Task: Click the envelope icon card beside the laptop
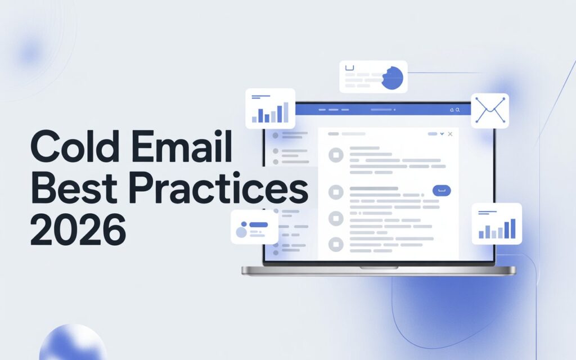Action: click(489, 110)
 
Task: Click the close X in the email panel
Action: click(450, 134)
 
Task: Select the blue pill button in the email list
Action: click(442, 191)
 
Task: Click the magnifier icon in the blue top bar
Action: click(458, 110)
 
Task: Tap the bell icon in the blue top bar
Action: click(451, 110)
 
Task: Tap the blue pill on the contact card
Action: click(258, 224)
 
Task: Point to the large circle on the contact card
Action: click(242, 232)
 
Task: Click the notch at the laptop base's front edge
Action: click(378, 268)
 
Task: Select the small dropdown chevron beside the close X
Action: click(442, 134)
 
